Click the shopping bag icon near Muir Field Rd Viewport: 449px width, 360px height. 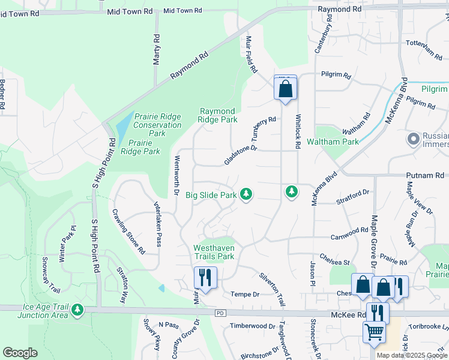click(x=286, y=89)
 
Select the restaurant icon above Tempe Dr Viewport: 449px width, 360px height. click(x=205, y=277)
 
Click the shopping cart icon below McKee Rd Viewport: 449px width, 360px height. click(x=375, y=331)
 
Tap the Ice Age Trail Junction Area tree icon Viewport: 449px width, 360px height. click(x=77, y=310)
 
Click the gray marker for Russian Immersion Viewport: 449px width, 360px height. click(x=413, y=140)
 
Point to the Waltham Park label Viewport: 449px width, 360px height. click(x=333, y=142)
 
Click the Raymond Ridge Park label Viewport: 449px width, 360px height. click(x=218, y=115)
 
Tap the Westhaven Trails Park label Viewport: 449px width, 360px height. click(x=213, y=252)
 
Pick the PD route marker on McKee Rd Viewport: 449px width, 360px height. click(x=220, y=314)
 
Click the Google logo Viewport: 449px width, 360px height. click(x=20, y=353)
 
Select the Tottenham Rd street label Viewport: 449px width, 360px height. click(x=424, y=48)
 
